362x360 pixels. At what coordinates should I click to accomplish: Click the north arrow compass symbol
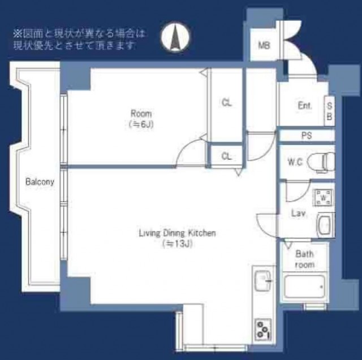tap(175, 37)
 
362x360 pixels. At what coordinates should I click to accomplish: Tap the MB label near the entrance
tap(264, 45)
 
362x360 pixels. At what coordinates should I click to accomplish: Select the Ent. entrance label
tap(305, 106)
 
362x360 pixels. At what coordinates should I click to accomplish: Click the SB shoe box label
tap(329, 111)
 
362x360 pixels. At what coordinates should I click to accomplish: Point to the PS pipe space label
tap(307, 136)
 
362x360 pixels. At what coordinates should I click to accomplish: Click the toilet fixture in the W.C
tap(321, 162)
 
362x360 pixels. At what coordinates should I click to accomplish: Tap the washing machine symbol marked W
tap(324, 197)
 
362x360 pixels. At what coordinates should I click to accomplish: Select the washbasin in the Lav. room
tap(326, 225)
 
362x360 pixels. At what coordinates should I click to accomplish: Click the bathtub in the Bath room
tap(304, 287)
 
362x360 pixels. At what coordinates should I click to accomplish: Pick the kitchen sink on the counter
tap(263, 281)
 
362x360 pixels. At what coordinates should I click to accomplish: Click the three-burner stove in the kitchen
tap(263, 329)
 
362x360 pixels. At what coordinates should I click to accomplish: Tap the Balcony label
tap(40, 182)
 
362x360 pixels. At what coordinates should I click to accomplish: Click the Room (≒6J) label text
tap(141, 119)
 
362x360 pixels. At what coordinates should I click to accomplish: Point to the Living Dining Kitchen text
tap(177, 233)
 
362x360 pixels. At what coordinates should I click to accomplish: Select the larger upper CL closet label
tap(227, 103)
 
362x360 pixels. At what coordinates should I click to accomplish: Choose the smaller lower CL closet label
tap(226, 157)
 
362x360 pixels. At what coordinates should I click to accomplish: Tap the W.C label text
tap(295, 162)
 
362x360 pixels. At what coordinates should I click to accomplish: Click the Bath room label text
tap(304, 259)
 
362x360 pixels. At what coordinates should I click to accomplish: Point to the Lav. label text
tap(299, 213)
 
